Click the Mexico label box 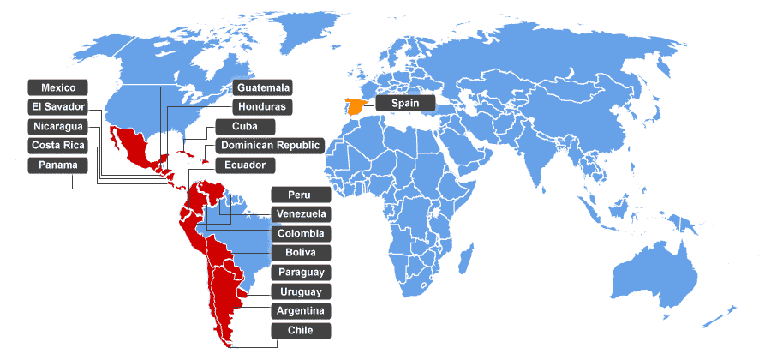pos(59,87)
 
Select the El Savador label pos(59,107)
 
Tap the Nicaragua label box pos(59,127)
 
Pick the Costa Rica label pos(59,146)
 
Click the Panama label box pos(59,165)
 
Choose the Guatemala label pos(263,87)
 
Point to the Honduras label pos(263,107)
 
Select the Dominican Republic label pos(270,146)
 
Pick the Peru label pos(301,195)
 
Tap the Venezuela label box pos(301,213)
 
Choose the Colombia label pos(301,233)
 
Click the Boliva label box pos(301,253)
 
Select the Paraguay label pos(301,273)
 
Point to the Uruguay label pos(301,292)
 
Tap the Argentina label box pos(301,311)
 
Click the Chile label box pos(301,331)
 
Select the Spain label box pos(405,103)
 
